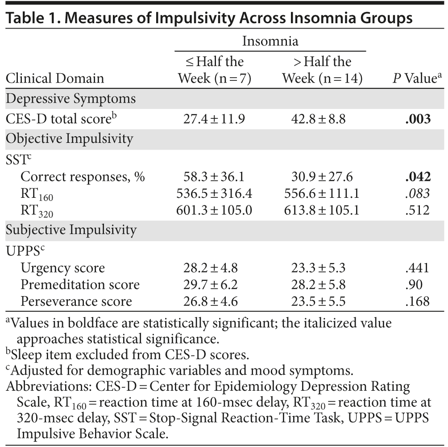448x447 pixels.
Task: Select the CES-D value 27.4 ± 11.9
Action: (x=214, y=119)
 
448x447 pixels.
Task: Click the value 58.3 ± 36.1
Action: (x=214, y=177)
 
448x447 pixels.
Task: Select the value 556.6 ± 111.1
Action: (x=321, y=193)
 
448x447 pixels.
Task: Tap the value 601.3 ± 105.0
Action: (x=214, y=210)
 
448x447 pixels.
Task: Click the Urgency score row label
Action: (x=62, y=268)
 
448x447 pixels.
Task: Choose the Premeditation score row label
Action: (x=80, y=284)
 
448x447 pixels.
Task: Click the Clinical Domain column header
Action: (x=54, y=79)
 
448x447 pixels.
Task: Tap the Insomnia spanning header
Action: (x=270, y=42)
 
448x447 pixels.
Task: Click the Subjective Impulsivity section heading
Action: (x=71, y=230)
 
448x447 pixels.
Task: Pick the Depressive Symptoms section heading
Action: (x=71, y=99)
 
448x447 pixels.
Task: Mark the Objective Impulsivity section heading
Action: (x=69, y=138)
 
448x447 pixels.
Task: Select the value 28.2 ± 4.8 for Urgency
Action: (x=210, y=268)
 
